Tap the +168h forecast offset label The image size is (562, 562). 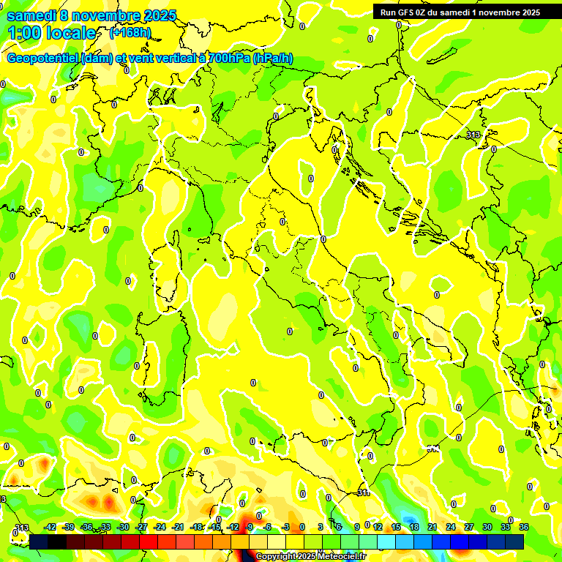[x=130, y=33]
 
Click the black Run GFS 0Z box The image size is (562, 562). [x=460, y=12]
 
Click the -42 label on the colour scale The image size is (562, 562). [x=50, y=527]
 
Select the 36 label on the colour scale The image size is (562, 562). [x=523, y=527]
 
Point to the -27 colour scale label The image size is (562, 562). [x=141, y=527]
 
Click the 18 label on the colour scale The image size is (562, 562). [x=413, y=527]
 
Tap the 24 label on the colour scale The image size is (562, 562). [x=450, y=527]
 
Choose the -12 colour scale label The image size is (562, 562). [x=233, y=527]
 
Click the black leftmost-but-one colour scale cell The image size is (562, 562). [x=57, y=541]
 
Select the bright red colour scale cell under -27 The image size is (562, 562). [x=149, y=541]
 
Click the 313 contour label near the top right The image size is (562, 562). [x=473, y=135]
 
